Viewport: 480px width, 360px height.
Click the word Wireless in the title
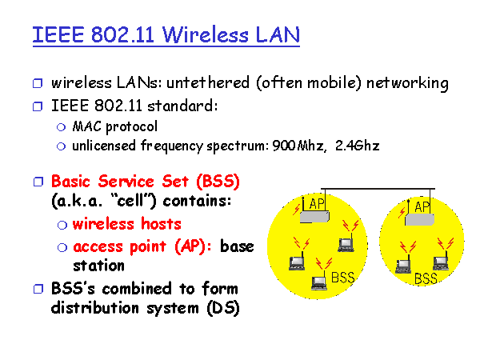tap(205, 34)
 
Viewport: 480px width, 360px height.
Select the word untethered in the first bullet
tap(208, 83)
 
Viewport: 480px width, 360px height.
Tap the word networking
tap(407, 83)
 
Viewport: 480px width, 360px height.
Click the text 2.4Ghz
tap(358, 146)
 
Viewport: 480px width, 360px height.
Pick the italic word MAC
tap(86, 126)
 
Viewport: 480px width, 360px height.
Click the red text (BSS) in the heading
tap(218, 182)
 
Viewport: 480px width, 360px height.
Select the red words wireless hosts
tap(126, 224)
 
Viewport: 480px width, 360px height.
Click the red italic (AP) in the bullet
tap(190, 246)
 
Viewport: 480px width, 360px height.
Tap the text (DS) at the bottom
tap(223, 308)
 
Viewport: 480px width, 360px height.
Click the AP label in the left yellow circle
tap(317, 204)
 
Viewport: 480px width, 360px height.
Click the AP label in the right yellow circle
tap(422, 207)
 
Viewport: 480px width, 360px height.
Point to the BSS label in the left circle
tap(343, 278)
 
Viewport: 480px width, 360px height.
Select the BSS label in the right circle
tap(426, 278)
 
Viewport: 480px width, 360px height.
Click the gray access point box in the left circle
tap(314, 217)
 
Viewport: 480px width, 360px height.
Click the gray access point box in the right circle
tap(420, 219)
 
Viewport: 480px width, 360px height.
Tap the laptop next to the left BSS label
tap(319, 283)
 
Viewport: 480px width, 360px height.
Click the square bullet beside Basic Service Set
tap(38, 182)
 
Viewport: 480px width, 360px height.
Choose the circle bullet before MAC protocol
tap(62, 127)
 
